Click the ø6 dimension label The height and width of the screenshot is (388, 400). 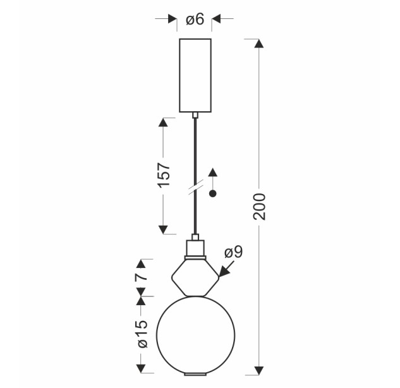[195, 20]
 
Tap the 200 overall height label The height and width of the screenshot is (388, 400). [260, 207]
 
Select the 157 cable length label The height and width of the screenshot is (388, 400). [163, 175]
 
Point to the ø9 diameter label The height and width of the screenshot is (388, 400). [233, 253]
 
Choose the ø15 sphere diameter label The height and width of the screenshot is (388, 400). [142, 334]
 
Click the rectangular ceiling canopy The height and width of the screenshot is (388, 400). [195, 75]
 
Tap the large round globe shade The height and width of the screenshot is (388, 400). [196, 335]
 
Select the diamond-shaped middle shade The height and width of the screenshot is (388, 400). [195, 277]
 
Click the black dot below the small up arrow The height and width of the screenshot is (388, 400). [213, 194]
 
